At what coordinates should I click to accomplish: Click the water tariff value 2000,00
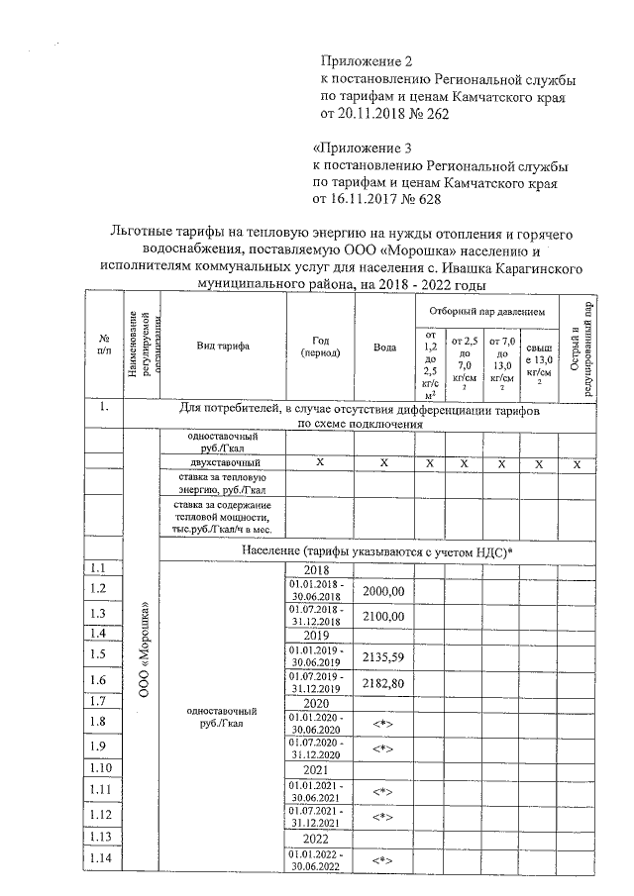[383, 591]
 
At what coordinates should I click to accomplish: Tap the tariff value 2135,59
[383, 655]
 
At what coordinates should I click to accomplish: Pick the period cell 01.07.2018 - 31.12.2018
[315, 615]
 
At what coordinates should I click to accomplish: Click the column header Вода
[383, 347]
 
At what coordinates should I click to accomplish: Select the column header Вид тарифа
[223, 347]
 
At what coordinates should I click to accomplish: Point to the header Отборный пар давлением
[486, 310]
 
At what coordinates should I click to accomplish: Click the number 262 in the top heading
[438, 115]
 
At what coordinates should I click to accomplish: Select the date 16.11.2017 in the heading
[374, 200]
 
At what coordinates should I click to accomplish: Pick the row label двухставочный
[223, 462]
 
